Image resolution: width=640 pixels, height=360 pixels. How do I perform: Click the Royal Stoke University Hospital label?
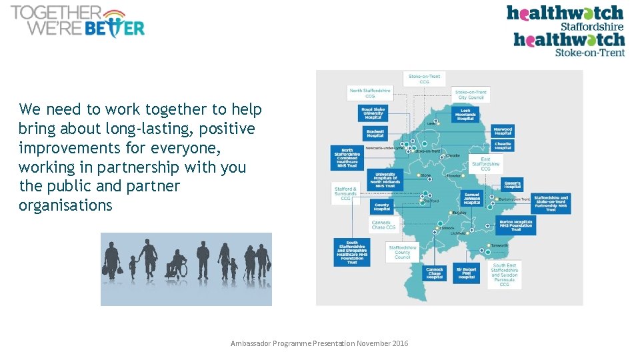tap(373, 113)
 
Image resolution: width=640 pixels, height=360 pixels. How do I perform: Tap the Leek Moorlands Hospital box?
tap(465, 113)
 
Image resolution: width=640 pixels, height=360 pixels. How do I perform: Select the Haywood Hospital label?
tap(503, 131)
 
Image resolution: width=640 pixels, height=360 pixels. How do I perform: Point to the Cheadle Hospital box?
tap(503, 145)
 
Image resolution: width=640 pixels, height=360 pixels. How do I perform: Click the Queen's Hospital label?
tap(512, 184)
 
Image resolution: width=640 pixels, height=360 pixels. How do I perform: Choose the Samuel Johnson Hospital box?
tap(471, 199)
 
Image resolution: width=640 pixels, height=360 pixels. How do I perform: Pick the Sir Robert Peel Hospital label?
tap(466, 273)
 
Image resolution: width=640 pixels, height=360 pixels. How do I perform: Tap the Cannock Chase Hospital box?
tap(434, 273)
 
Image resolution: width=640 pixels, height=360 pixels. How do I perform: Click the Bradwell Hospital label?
tap(375, 133)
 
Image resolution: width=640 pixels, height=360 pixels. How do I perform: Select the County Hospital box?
tap(381, 207)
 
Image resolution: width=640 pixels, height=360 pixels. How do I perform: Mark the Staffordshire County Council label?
tap(402, 252)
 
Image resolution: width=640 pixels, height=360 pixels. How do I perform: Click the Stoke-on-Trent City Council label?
tap(471, 95)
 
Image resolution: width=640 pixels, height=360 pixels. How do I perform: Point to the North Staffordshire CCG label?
tap(370, 93)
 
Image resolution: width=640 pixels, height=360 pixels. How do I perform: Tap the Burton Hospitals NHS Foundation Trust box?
tap(515, 225)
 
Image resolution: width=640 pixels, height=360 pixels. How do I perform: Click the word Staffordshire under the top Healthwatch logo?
tap(591, 27)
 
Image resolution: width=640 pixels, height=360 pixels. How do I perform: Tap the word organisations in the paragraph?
tap(65, 205)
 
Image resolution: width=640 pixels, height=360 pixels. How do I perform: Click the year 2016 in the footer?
tap(400, 343)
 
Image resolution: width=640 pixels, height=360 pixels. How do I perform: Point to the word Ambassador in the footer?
tap(251, 343)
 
